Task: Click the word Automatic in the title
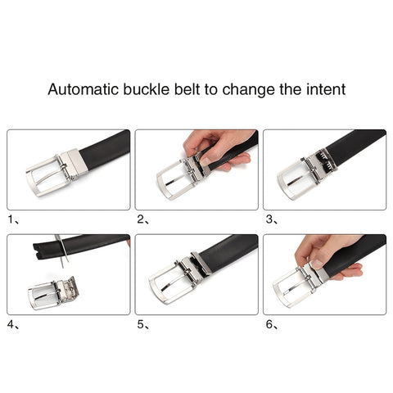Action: (x=84, y=89)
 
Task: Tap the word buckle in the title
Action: (x=147, y=89)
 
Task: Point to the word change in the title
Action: (x=248, y=90)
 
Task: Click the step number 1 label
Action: (x=11, y=219)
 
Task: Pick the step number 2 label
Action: (x=141, y=219)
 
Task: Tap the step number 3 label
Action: (x=269, y=219)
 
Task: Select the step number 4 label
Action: (x=11, y=324)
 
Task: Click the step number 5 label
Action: (x=141, y=324)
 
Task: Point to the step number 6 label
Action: (x=269, y=324)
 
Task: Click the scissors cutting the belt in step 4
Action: (x=62, y=251)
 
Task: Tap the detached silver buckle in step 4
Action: (x=53, y=293)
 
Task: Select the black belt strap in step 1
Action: (x=105, y=149)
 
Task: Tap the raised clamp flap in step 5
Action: (x=202, y=263)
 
